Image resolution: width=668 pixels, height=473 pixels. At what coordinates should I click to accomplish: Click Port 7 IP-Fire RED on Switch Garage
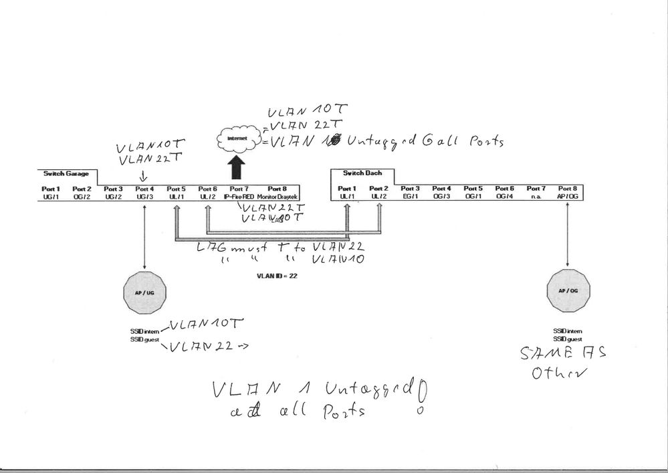point(239,193)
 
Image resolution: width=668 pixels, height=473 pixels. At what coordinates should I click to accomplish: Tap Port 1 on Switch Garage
point(51,193)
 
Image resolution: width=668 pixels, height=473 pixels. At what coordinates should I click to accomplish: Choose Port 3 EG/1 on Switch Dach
point(410,193)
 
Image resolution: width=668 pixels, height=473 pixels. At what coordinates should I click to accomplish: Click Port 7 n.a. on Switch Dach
point(536,193)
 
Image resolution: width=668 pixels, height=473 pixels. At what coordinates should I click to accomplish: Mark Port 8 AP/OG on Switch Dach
point(568,193)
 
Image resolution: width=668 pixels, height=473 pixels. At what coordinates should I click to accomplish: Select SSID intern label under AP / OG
point(568,331)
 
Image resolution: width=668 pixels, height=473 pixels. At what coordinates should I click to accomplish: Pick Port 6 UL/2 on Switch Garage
point(208,193)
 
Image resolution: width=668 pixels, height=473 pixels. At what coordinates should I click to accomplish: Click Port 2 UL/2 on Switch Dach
point(378,193)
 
